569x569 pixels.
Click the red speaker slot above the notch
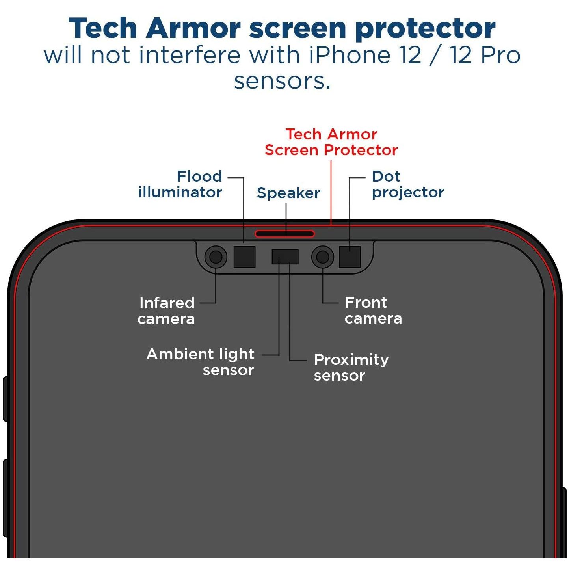[x=284, y=234]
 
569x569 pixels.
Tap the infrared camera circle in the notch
[x=216, y=257]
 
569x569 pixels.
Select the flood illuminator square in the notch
[x=244, y=257]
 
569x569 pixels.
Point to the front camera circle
[x=323, y=257]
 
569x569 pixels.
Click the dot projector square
[x=350, y=257]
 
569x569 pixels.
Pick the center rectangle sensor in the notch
[x=285, y=257]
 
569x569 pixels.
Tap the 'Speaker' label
[x=288, y=193]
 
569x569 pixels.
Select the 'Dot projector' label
[x=408, y=185]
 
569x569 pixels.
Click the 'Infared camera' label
[x=166, y=311]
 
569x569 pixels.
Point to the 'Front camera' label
[x=373, y=311]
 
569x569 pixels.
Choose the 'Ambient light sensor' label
[x=200, y=362]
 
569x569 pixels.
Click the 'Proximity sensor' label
[x=351, y=367]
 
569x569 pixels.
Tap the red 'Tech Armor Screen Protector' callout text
[x=331, y=142]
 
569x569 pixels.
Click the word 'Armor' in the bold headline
[x=193, y=28]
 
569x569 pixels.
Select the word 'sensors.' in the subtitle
[x=282, y=81]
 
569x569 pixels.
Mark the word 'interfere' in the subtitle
[x=190, y=55]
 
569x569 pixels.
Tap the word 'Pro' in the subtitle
[x=500, y=55]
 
